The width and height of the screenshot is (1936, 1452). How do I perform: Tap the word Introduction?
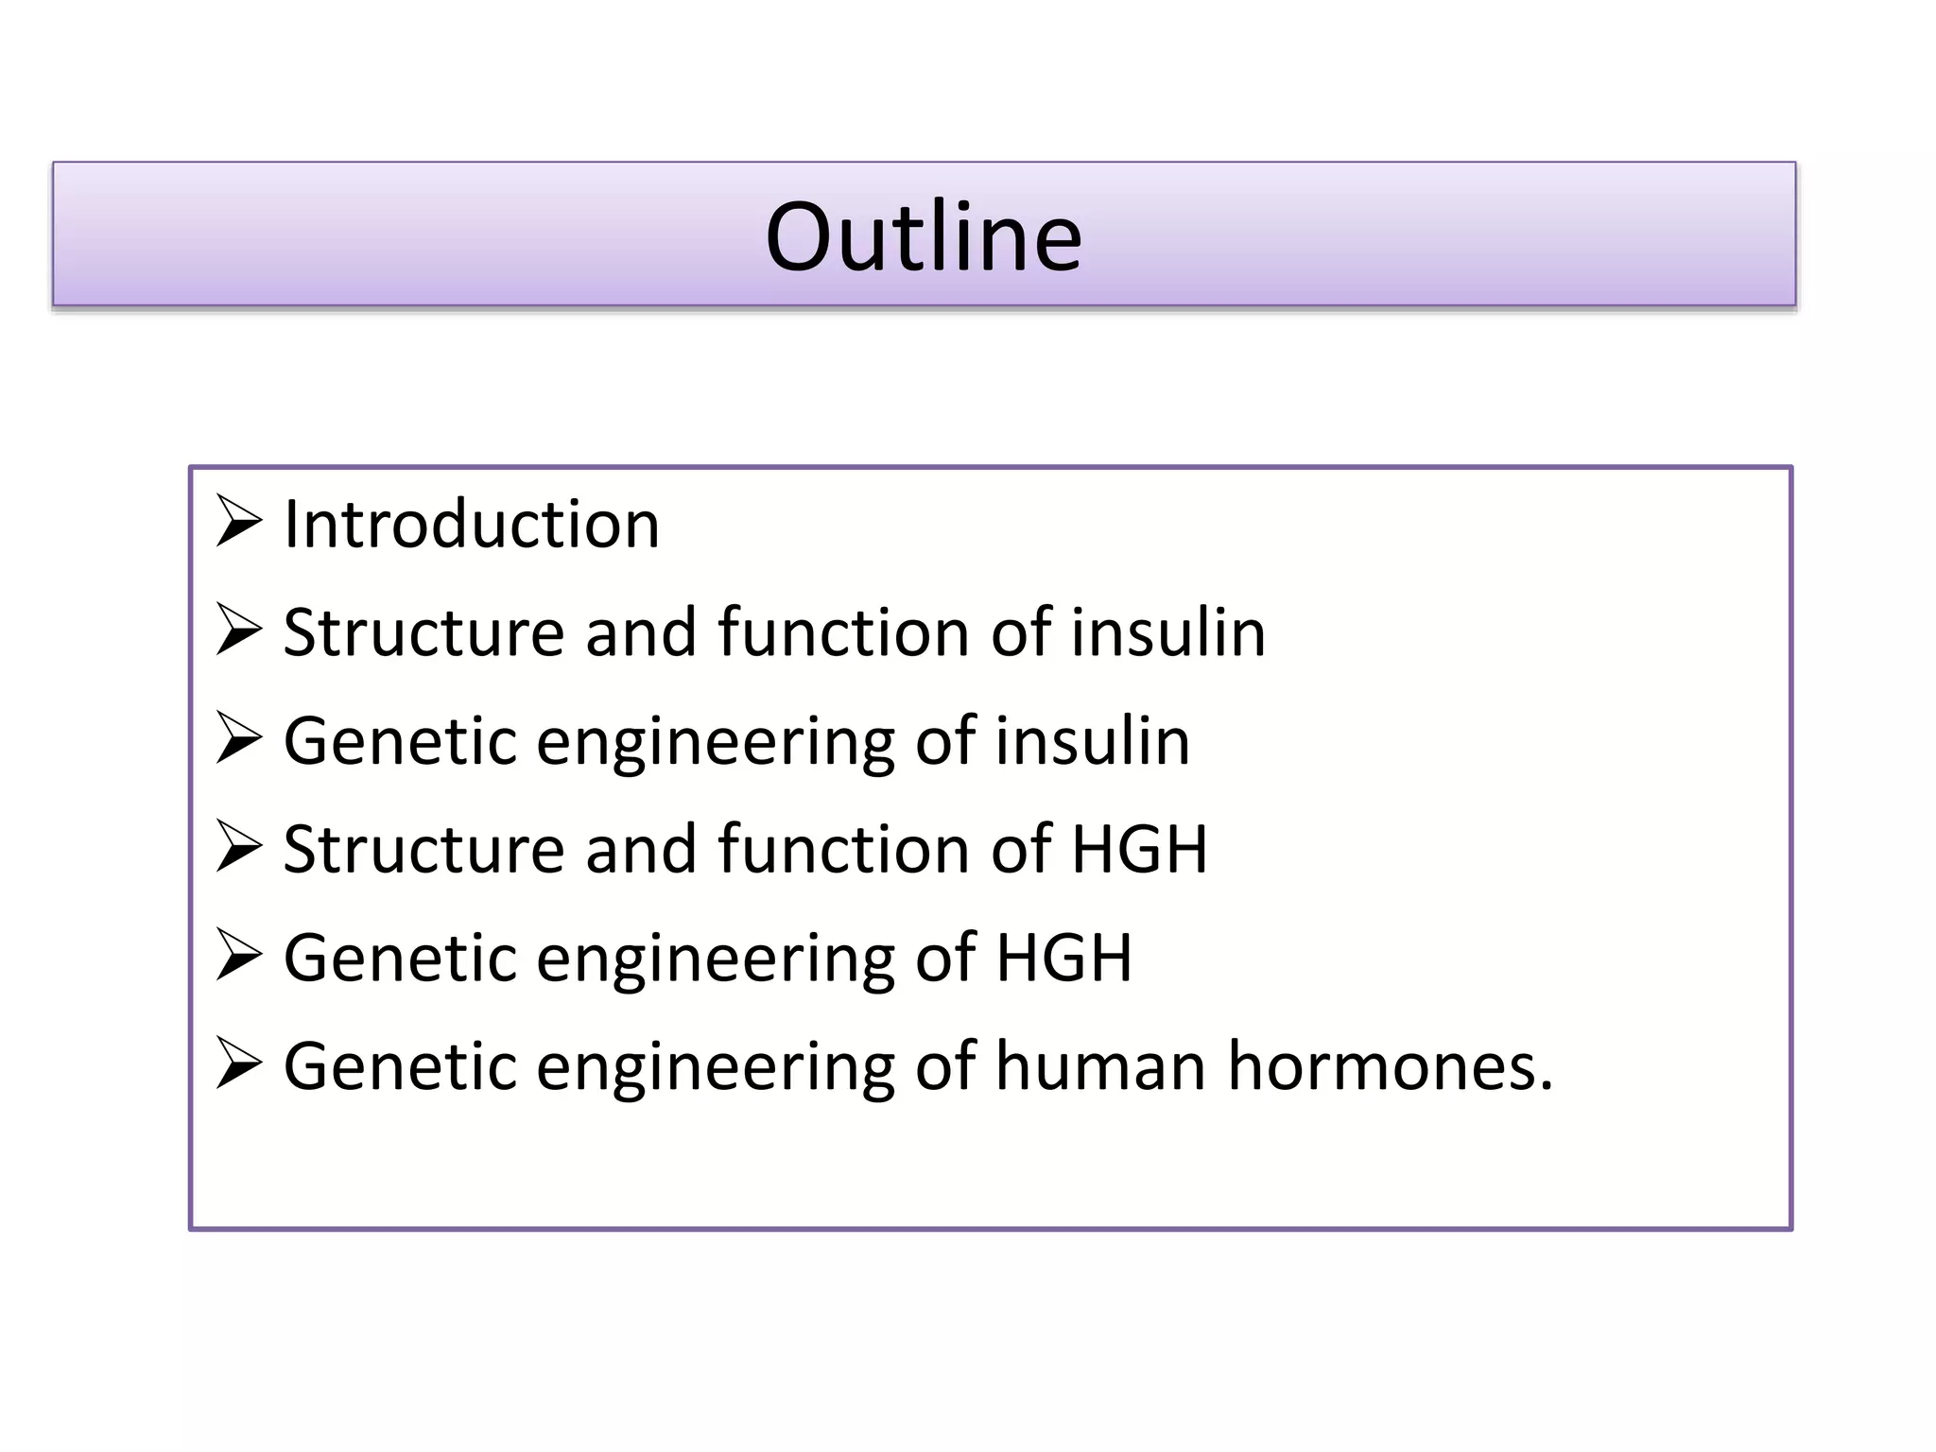point(471,525)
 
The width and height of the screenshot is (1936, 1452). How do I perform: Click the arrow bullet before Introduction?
point(238,521)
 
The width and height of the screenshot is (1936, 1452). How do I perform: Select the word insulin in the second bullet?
point(1167,632)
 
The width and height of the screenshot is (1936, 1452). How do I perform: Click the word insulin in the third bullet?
point(1092,741)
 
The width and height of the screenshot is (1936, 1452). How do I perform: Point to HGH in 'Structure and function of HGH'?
point(1139,849)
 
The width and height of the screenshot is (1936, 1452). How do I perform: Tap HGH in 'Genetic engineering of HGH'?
point(1063,958)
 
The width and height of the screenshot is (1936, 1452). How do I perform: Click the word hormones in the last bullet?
point(1390,1066)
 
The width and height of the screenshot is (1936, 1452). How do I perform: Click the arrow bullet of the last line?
point(238,1063)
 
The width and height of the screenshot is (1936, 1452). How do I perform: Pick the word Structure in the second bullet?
point(423,632)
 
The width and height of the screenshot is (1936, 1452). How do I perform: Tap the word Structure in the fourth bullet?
point(423,849)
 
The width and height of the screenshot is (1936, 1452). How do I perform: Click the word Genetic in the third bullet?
point(400,741)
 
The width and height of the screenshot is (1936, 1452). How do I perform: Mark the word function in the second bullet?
point(843,632)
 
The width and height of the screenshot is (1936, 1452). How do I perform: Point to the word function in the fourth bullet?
point(843,849)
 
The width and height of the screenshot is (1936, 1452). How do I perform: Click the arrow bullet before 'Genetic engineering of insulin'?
point(238,737)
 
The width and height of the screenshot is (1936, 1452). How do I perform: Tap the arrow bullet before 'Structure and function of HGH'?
point(238,846)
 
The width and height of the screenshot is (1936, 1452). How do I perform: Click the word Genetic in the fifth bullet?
point(400,958)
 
